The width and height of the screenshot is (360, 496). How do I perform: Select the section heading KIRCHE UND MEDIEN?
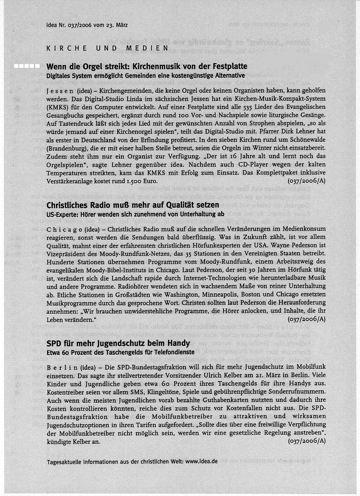point(108,48)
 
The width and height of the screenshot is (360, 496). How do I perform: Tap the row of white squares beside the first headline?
point(26,66)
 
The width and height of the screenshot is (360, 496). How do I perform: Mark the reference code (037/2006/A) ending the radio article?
point(306,319)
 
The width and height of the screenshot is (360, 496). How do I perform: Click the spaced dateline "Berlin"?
point(64,367)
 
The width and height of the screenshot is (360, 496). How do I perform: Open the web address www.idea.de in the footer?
point(201,462)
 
